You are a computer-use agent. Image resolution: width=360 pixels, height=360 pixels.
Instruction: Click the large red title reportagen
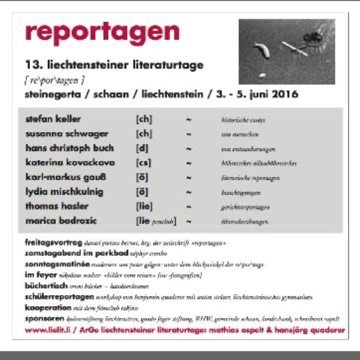click(x=102, y=32)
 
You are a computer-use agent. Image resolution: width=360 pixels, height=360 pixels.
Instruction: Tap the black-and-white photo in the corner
click(x=287, y=51)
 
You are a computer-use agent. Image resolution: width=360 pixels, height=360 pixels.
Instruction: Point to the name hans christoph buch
click(x=69, y=148)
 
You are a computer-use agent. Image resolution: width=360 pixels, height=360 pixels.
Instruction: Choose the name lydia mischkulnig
click(x=64, y=192)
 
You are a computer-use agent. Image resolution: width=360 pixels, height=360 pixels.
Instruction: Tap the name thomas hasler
click(x=56, y=206)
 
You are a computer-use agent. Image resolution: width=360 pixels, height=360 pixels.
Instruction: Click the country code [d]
click(x=142, y=148)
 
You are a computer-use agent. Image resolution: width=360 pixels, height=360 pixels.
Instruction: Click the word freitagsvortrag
click(x=53, y=243)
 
